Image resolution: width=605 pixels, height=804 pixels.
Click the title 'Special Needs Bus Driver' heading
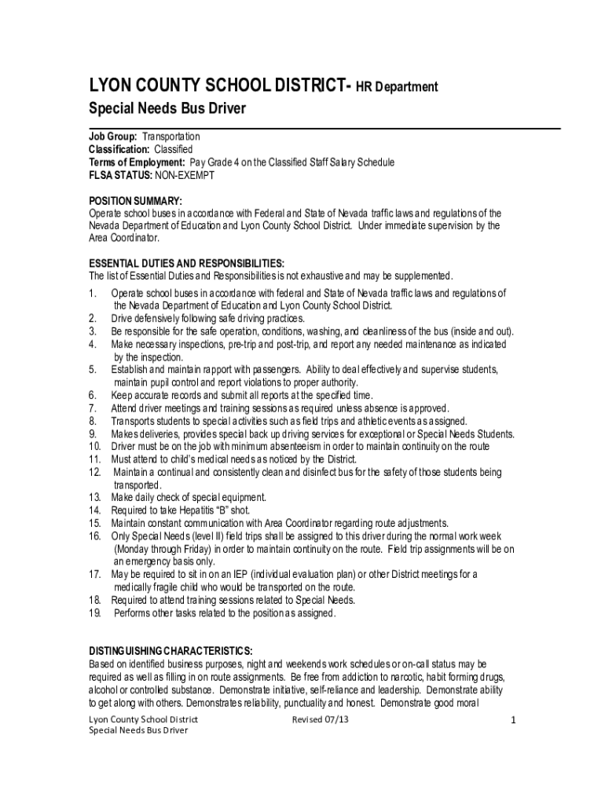[167, 108]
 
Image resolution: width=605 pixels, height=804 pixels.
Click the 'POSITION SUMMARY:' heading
[135, 201]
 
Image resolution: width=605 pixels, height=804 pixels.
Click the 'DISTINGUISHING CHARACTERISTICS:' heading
[170, 652]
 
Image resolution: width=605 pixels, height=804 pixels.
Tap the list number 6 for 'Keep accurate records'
[93, 395]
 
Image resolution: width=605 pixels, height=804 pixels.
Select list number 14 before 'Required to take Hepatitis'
[95, 510]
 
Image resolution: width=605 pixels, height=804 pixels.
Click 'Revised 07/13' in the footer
[320, 720]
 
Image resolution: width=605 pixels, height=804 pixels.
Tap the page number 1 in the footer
[512, 721]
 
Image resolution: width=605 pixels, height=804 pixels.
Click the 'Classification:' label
[119, 150]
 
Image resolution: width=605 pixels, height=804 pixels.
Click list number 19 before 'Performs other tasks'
[95, 613]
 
